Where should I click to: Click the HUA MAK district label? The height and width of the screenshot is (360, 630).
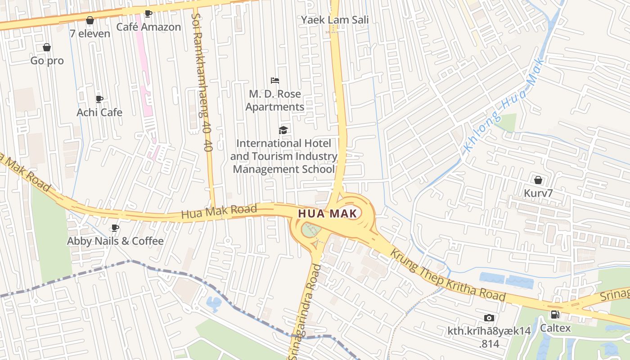[x=328, y=213]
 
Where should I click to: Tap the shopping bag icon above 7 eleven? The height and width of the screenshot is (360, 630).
[x=90, y=20]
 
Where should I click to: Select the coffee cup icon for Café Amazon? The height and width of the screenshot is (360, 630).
[x=148, y=13]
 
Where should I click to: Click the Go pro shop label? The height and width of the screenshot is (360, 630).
[x=47, y=61]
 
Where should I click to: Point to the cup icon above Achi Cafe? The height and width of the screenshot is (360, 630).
[x=99, y=99]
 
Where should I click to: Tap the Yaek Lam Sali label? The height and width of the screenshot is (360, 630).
[x=335, y=20]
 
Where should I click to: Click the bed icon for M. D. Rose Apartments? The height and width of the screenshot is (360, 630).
[x=275, y=81]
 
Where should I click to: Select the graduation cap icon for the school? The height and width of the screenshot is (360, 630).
[x=283, y=130]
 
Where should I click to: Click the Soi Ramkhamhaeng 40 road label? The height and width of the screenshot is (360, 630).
[x=201, y=81]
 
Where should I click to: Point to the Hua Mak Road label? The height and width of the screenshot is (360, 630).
[x=219, y=211]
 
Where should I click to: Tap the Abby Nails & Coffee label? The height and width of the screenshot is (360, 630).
[x=115, y=241]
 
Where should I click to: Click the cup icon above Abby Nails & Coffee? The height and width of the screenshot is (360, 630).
[x=115, y=228]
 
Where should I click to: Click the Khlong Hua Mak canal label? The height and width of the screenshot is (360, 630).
[x=504, y=106]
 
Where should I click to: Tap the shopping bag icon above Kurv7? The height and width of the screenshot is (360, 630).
[x=538, y=180]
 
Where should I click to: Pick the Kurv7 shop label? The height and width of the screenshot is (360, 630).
[x=538, y=193]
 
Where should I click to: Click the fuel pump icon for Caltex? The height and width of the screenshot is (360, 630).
[x=555, y=315]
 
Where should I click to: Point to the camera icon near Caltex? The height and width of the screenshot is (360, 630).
[x=489, y=318]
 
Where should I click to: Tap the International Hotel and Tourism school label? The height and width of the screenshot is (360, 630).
[x=284, y=156]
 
